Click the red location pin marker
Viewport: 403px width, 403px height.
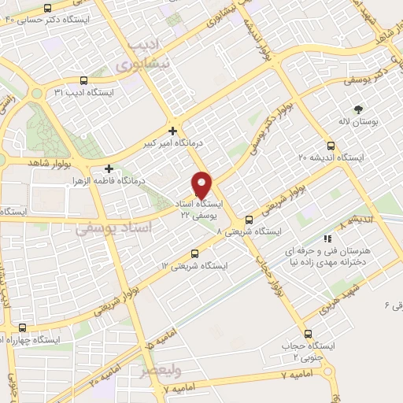coord(202,184)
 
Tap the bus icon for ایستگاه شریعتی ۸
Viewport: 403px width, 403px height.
coord(249,220)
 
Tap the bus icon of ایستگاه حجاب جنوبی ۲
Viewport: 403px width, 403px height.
coord(308,334)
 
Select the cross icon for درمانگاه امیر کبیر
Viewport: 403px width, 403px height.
coord(172,131)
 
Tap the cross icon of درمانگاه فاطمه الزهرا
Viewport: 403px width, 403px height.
coord(109,168)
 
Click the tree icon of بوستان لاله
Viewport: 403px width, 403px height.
coord(359,110)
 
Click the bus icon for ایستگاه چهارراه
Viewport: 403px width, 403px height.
coord(21,327)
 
